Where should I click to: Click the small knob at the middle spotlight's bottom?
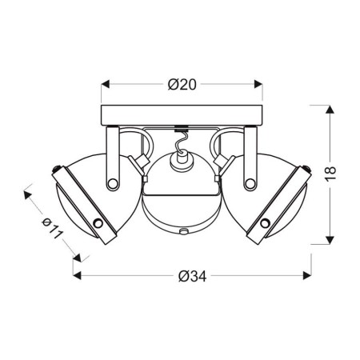pos(183,232)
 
